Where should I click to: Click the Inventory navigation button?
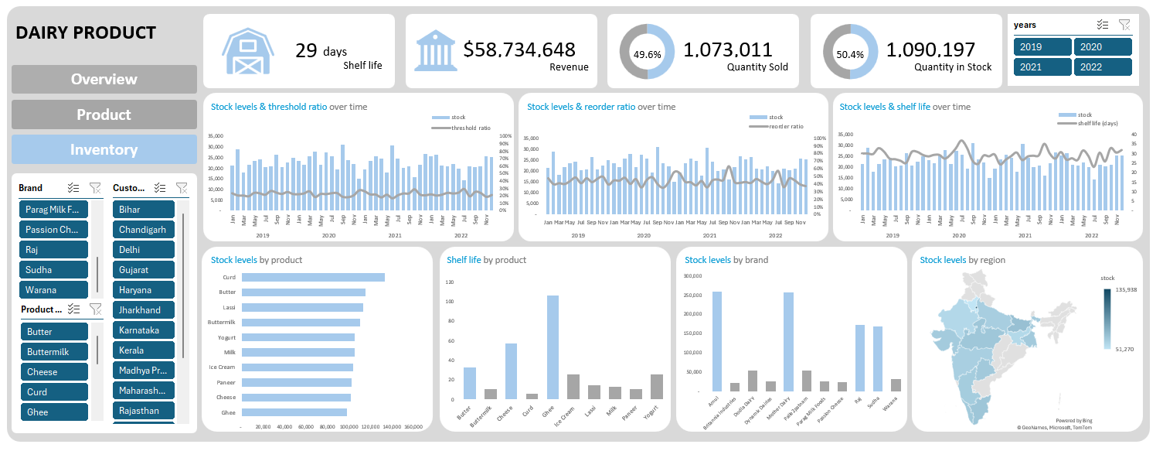104,149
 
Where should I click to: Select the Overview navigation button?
104,79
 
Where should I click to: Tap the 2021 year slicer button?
1042,67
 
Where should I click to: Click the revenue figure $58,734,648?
519,50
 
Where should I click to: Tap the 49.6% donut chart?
647,52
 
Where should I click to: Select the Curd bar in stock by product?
313,277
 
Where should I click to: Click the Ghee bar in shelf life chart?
553,347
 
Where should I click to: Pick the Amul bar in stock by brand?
717,341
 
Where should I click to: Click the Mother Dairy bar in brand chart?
788,341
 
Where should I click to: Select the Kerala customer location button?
144,350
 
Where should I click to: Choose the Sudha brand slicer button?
54,270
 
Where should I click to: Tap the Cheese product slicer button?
54,372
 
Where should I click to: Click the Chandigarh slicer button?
144,230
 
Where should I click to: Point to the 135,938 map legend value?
1126,290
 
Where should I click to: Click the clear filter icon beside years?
1124,25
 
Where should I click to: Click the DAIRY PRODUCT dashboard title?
86,32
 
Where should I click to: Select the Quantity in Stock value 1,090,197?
930,50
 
